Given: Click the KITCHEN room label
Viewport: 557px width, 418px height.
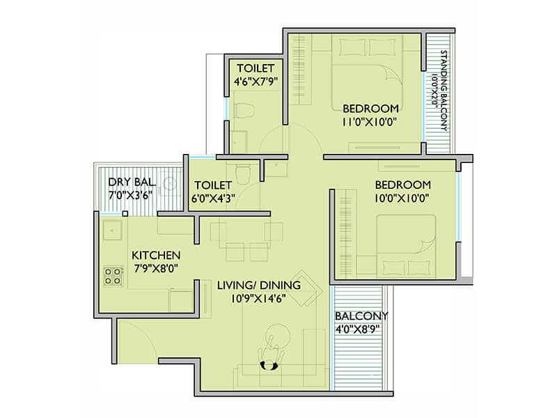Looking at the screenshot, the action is [156, 255].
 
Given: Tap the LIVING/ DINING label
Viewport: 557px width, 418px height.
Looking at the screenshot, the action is [259, 286].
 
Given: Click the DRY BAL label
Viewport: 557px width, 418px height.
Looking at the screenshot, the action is [132, 182].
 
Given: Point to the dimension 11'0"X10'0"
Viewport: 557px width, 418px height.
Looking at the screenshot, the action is [369, 122].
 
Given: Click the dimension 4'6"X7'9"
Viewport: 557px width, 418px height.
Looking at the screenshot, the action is [256, 81].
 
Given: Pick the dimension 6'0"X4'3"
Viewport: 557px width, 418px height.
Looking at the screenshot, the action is [214, 198].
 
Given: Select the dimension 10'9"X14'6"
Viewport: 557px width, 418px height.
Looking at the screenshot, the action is [259, 299].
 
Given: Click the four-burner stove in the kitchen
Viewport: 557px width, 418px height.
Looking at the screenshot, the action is [113, 276].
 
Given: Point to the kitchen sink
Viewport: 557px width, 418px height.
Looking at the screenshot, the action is [112, 231].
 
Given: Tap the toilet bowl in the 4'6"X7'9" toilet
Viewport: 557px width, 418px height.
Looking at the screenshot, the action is [244, 110].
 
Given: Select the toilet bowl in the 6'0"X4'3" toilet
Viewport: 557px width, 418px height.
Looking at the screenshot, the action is [243, 173].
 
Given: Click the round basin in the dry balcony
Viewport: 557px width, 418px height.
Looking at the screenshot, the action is [170, 183].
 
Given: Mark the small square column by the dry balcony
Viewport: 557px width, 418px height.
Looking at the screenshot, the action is [125, 214].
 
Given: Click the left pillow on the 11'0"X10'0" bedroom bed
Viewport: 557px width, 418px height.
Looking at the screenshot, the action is [352, 47].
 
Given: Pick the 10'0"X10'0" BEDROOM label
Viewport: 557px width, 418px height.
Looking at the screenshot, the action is [403, 185].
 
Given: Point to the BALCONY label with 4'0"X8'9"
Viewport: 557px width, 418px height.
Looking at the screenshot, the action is [361, 316].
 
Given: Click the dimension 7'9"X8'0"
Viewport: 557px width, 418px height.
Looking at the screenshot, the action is [156, 268].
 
